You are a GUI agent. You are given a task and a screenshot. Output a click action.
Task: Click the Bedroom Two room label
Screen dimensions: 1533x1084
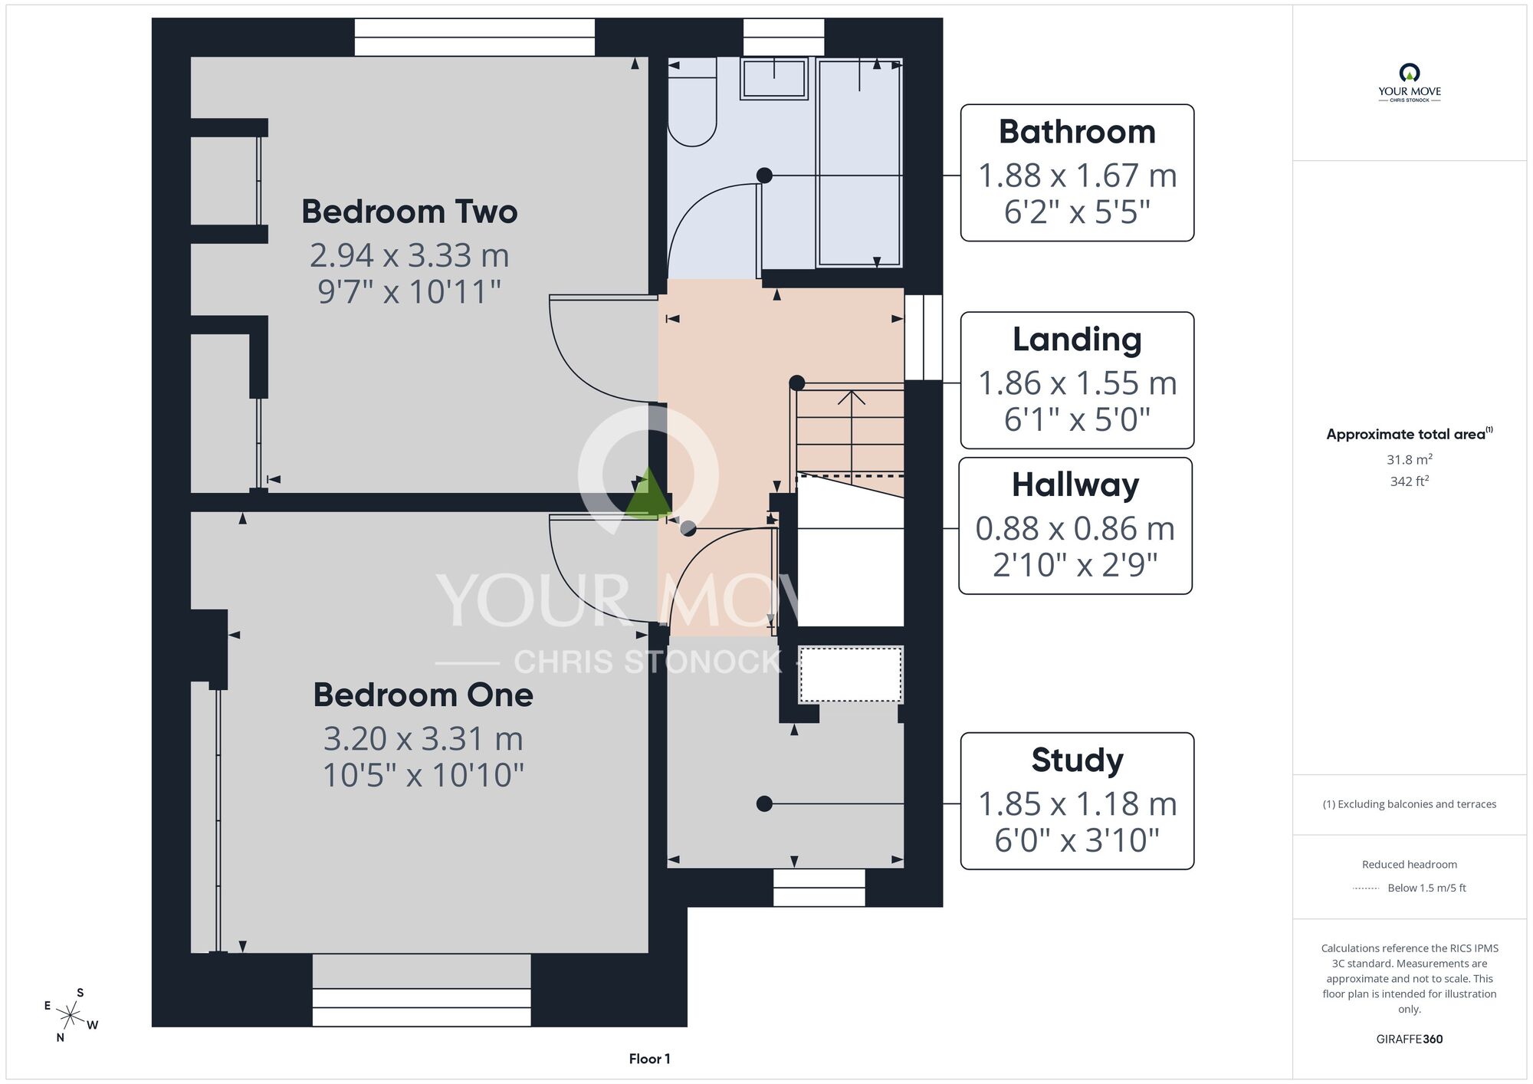(x=409, y=212)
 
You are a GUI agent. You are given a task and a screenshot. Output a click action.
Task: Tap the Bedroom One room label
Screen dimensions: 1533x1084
(x=423, y=695)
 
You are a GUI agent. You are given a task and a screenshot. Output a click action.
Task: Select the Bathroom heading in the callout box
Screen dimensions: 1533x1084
(x=1077, y=132)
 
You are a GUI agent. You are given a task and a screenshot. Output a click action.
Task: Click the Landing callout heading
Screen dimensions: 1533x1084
(x=1077, y=340)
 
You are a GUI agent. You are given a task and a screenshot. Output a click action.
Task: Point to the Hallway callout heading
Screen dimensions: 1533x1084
(x=1075, y=485)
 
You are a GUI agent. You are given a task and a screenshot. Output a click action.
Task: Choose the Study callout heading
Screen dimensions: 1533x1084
(x=1077, y=760)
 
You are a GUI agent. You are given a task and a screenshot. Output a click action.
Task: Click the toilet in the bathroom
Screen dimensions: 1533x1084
(x=691, y=103)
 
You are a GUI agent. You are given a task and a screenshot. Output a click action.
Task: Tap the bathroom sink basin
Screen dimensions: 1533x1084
(x=774, y=78)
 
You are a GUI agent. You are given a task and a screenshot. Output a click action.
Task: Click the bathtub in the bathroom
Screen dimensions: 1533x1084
(x=860, y=163)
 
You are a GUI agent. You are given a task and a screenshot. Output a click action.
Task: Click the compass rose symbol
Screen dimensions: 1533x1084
(x=71, y=1016)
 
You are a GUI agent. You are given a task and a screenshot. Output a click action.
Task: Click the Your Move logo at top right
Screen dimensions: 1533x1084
(x=1409, y=83)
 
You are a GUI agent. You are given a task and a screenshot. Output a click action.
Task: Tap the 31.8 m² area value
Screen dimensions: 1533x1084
(x=1409, y=459)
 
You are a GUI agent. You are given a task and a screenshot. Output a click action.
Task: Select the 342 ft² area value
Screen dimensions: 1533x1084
(x=1409, y=481)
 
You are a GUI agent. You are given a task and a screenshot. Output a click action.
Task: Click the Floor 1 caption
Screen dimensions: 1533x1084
(x=649, y=1059)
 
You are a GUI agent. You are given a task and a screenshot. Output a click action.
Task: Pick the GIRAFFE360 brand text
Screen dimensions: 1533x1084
(x=1409, y=1040)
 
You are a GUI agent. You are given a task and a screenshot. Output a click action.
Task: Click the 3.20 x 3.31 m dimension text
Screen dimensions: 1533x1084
(x=423, y=739)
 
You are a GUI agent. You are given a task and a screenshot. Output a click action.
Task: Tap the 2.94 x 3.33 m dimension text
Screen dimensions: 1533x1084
(x=409, y=255)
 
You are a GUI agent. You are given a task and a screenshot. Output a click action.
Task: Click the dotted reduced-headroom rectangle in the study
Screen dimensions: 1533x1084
(x=851, y=675)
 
